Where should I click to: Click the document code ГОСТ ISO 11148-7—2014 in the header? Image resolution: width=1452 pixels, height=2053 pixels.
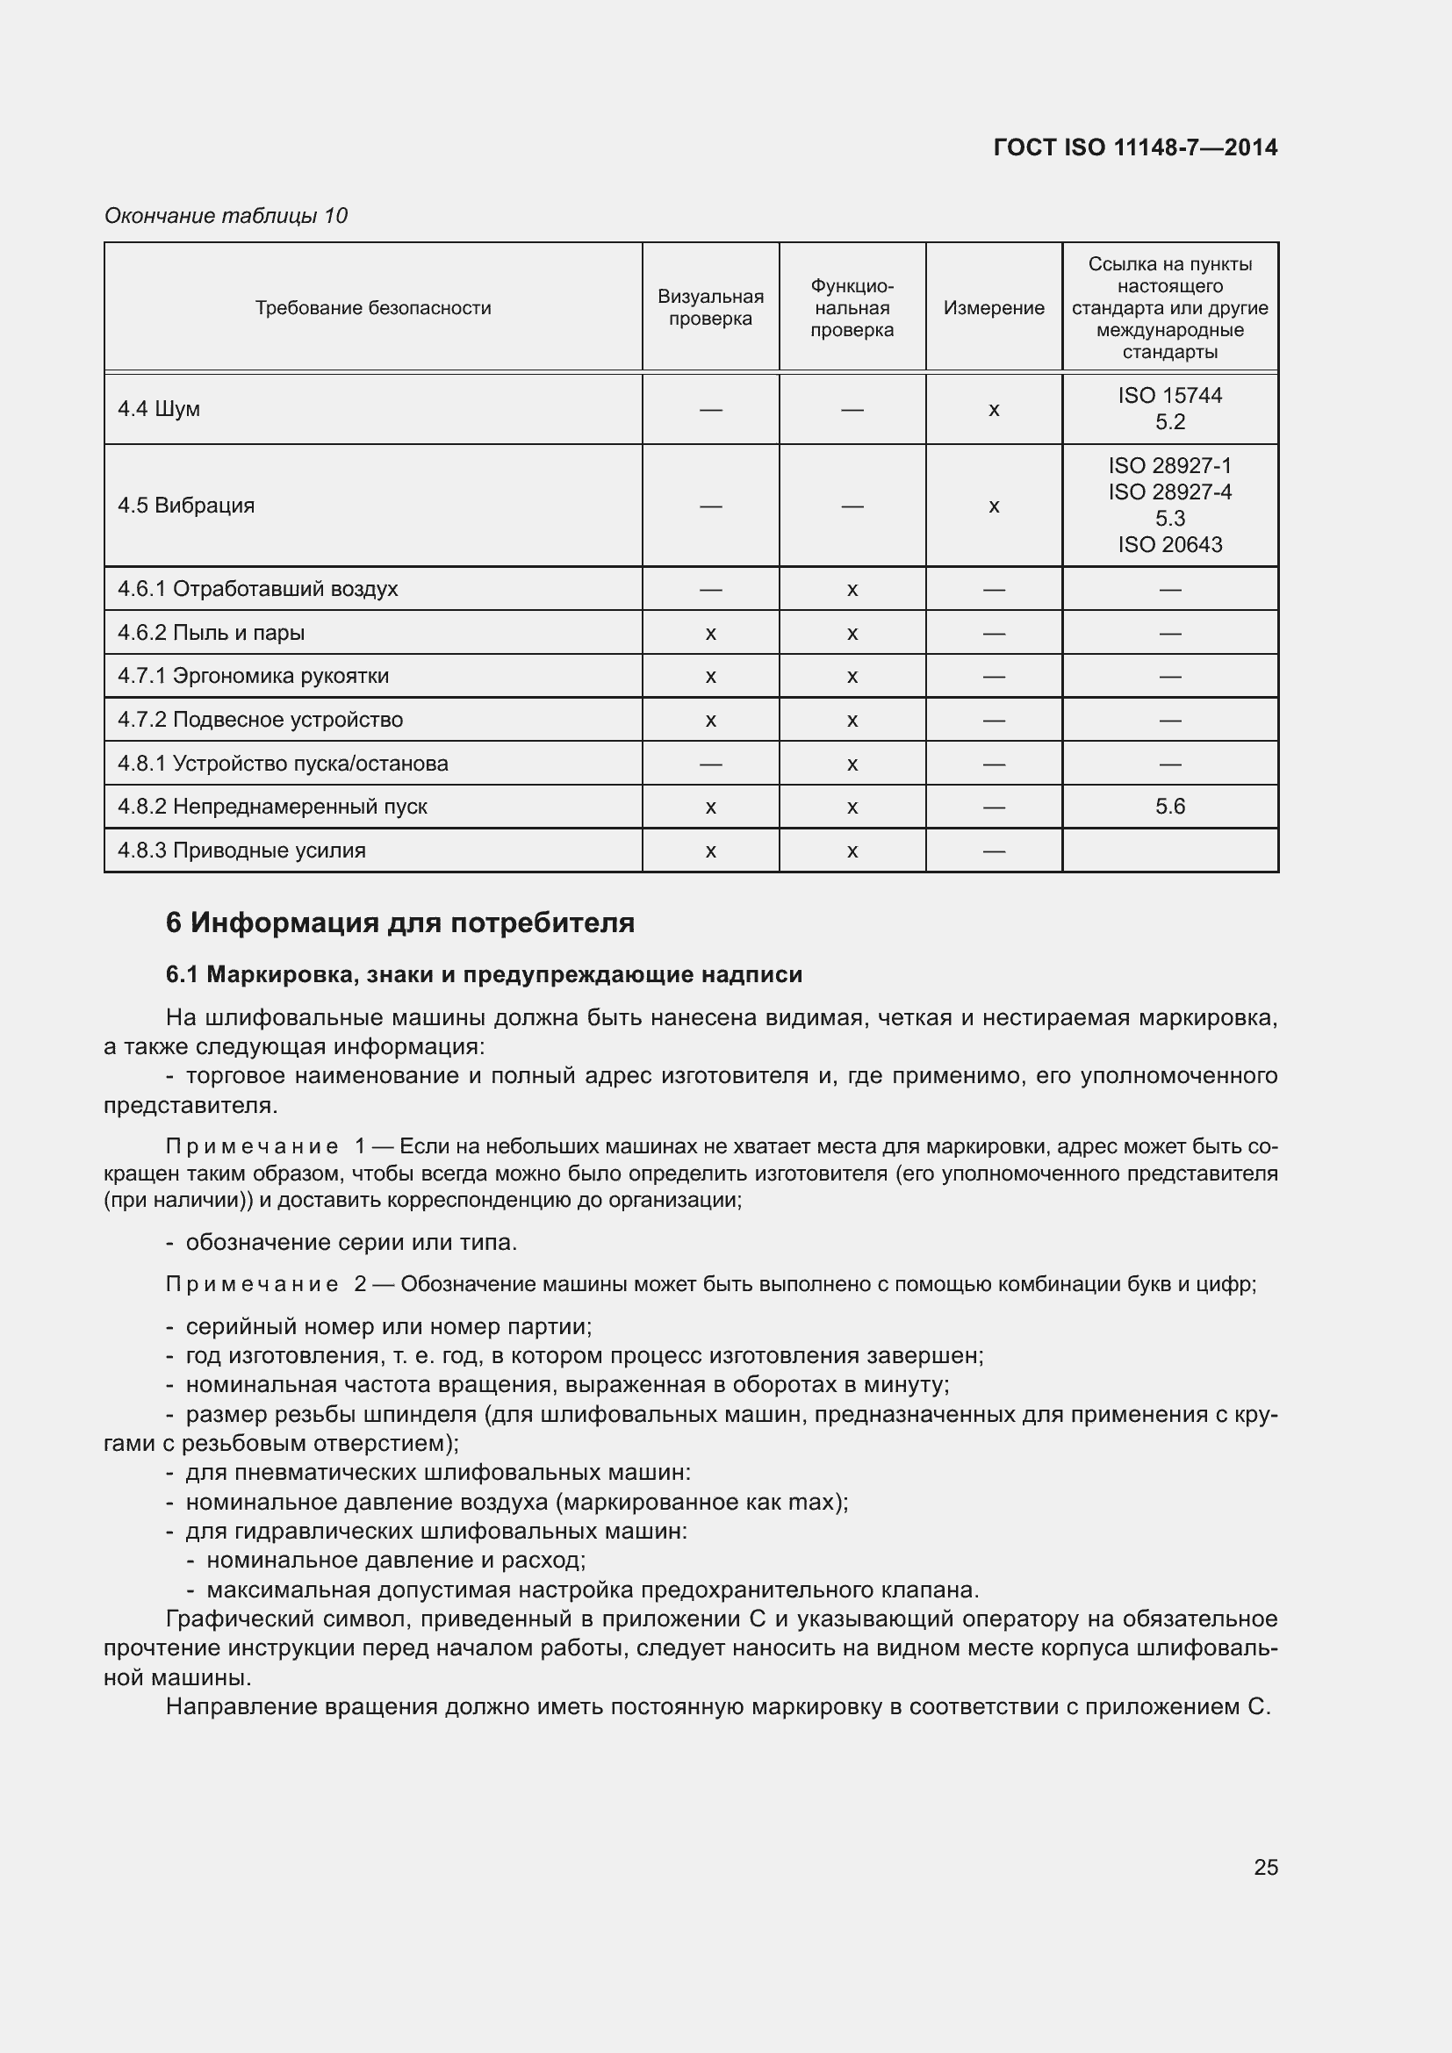1134,147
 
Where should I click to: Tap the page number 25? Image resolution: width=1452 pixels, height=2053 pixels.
1265,1867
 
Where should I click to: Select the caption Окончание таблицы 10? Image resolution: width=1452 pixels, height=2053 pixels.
226,216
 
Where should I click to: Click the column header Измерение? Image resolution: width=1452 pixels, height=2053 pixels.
994,307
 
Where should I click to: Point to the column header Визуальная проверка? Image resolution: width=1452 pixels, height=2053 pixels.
710,307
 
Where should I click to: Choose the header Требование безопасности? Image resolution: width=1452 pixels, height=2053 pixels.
373,307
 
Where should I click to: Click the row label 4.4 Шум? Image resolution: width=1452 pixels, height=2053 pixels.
159,409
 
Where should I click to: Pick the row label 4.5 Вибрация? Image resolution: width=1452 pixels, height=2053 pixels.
186,506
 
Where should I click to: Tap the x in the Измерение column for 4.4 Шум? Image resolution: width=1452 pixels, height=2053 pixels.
994,411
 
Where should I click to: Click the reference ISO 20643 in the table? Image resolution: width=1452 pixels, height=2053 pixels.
1169,544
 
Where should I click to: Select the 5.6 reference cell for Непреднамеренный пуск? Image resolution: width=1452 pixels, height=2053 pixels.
1169,807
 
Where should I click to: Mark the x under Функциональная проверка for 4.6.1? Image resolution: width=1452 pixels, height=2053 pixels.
852,590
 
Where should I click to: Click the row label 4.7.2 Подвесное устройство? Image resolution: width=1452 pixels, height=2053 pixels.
260,720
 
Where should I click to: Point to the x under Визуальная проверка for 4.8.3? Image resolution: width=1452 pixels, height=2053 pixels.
710,851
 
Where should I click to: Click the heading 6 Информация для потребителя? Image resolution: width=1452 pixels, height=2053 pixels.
399,922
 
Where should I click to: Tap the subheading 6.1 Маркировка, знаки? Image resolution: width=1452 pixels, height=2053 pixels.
484,974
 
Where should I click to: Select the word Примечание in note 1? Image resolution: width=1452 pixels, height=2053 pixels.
252,1146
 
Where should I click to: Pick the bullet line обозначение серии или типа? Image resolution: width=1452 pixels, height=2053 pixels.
350,1242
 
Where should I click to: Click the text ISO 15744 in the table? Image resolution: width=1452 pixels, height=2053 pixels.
1169,395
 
